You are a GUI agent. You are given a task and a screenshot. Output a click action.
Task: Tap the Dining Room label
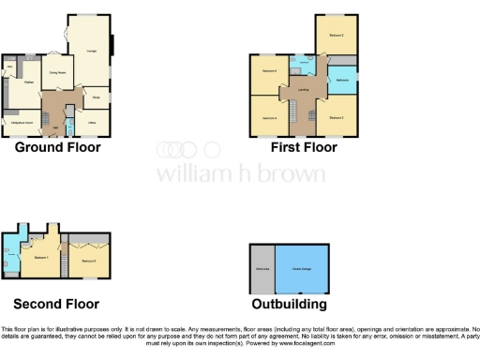point(56,71)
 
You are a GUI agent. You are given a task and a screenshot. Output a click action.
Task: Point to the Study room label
point(97,97)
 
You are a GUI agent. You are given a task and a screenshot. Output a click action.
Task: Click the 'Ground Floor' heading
point(58,147)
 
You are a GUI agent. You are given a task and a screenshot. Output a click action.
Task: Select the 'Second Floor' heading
point(56,304)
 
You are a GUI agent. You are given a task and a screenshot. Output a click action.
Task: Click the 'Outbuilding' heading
point(290,304)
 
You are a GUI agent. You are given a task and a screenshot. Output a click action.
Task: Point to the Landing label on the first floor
point(304,89)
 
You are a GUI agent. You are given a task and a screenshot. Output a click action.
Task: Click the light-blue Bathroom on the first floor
point(342,80)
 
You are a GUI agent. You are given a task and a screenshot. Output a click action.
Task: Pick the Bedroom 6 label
point(269,72)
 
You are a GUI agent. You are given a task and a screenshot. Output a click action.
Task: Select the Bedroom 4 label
point(269,117)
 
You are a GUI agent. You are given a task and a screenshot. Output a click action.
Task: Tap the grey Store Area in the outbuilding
point(262,269)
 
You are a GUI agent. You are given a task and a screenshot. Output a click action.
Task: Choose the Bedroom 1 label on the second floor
point(40,256)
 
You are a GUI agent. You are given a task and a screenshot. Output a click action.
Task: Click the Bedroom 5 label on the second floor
point(90,260)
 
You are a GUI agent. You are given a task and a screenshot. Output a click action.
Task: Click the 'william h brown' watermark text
point(240,174)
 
